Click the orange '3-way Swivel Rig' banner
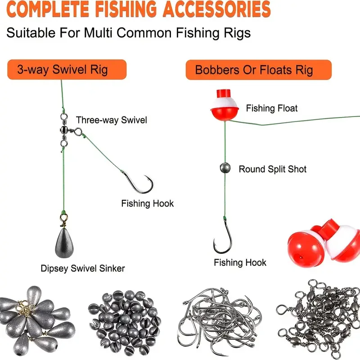(67, 70)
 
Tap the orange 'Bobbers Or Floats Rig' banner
(258, 70)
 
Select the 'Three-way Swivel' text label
(111, 120)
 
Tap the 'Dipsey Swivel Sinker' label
(82, 269)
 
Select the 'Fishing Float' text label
(272, 108)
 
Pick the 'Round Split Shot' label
(272, 169)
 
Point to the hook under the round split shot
(223, 236)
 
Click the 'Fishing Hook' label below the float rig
(240, 262)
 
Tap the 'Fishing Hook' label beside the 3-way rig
(147, 203)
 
